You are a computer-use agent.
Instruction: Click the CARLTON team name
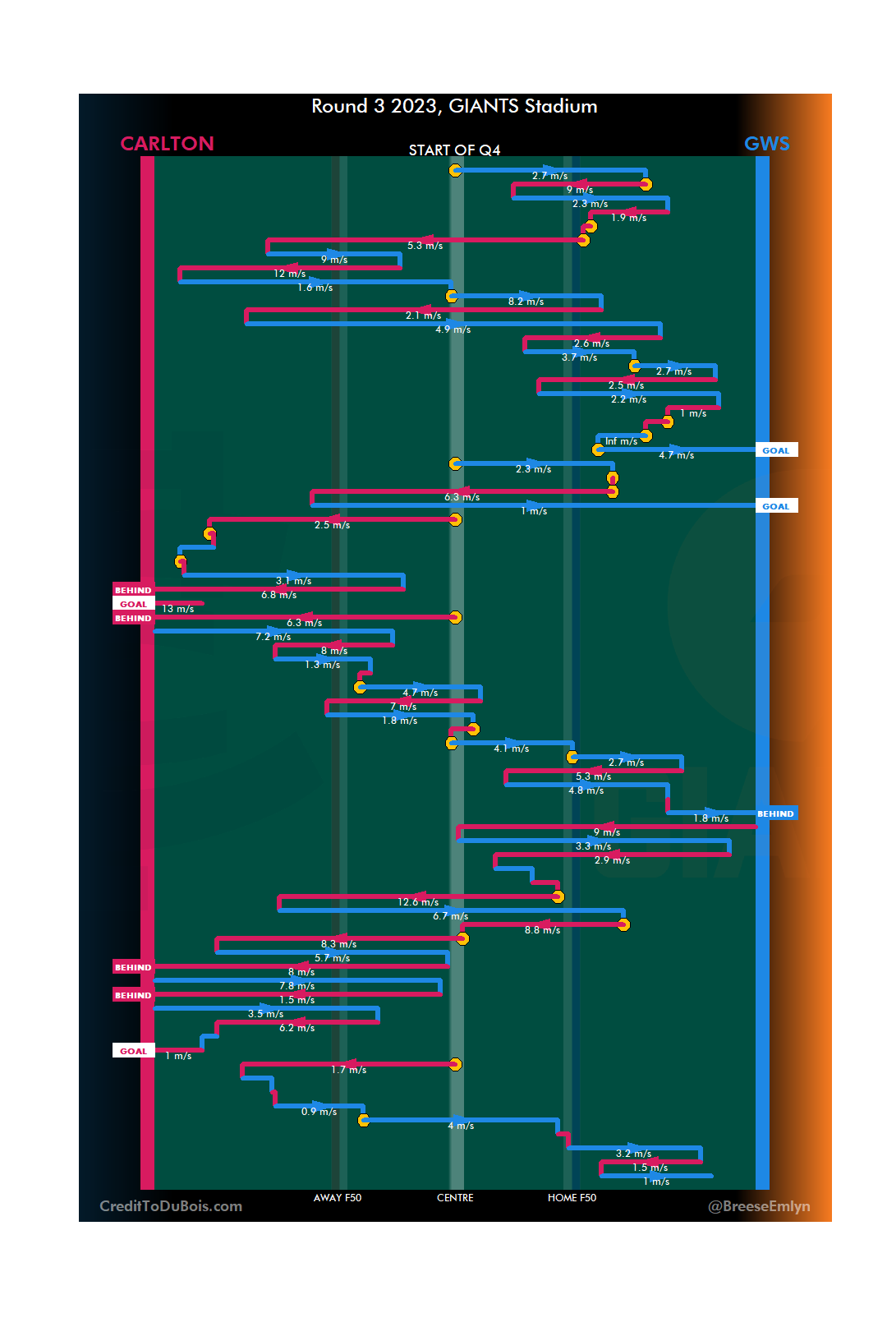(x=167, y=144)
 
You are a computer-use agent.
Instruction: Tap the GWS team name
(x=766, y=144)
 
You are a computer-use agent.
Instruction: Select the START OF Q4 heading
(x=454, y=150)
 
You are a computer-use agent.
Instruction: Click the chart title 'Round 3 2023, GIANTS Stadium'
(x=454, y=106)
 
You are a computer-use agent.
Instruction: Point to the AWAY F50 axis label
(x=337, y=1198)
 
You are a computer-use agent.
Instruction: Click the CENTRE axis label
(x=455, y=1198)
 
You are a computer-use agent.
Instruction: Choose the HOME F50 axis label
(x=572, y=1198)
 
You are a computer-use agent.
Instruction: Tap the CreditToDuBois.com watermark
(x=171, y=1206)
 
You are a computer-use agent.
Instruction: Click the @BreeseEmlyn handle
(x=759, y=1206)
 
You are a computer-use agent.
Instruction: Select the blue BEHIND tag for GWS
(x=775, y=813)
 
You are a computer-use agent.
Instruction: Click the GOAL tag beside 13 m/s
(x=133, y=604)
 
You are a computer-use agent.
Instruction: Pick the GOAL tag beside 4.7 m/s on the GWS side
(x=775, y=450)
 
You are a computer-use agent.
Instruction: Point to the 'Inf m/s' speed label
(x=621, y=441)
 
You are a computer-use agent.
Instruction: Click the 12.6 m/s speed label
(x=418, y=902)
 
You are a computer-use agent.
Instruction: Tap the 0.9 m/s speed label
(x=319, y=1112)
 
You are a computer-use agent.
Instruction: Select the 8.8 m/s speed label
(x=542, y=930)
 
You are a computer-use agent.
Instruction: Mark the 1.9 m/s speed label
(x=628, y=218)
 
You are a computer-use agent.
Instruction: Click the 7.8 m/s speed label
(x=296, y=986)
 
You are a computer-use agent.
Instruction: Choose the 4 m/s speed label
(x=461, y=1126)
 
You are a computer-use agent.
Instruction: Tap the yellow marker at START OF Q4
(x=455, y=170)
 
